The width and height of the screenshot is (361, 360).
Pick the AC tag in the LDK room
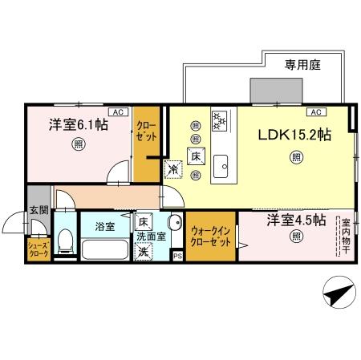(315, 112)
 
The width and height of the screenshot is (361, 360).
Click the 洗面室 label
(150, 237)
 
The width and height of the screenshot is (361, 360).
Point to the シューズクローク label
(38, 249)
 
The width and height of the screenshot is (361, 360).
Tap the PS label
(176, 257)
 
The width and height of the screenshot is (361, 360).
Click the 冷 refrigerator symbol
(173, 169)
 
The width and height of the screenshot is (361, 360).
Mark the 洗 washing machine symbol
(142, 252)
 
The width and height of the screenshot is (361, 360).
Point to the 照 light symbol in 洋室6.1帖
(78, 144)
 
